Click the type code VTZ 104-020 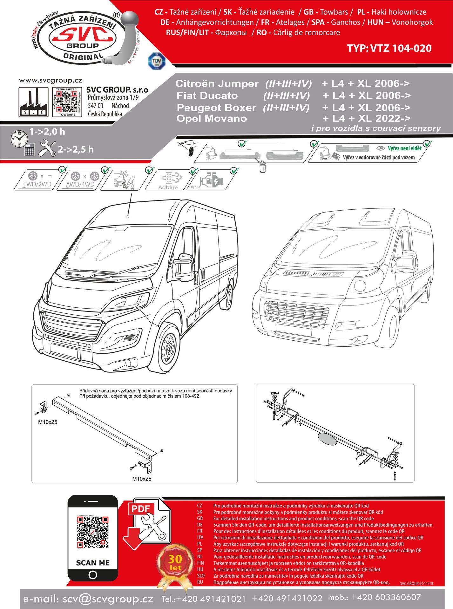click(x=389, y=48)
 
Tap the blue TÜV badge click(x=157, y=61)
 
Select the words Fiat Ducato click(x=207, y=95)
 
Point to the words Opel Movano click(x=212, y=119)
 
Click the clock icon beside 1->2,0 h click(x=19, y=139)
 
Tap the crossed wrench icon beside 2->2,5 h click(x=47, y=148)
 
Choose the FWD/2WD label click(x=37, y=184)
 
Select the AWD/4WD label click(x=80, y=184)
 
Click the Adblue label click(x=168, y=187)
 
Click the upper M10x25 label click(x=48, y=422)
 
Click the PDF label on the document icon click(x=140, y=509)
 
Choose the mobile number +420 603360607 click(x=386, y=598)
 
